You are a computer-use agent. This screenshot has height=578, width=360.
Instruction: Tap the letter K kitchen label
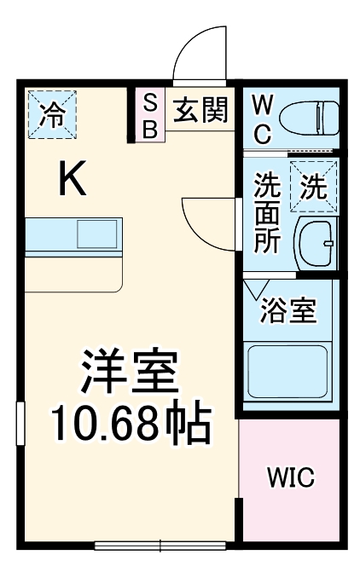[72, 180]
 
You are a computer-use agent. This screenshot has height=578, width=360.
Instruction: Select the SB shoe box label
[148, 116]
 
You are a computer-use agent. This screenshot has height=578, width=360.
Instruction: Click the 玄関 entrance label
[200, 110]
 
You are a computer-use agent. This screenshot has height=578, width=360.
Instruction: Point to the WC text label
[262, 120]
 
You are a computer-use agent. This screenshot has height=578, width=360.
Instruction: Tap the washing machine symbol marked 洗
[313, 186]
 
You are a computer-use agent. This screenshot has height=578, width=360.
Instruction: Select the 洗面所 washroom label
[267, 212]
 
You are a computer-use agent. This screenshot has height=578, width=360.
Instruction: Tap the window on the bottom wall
[160, 546]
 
